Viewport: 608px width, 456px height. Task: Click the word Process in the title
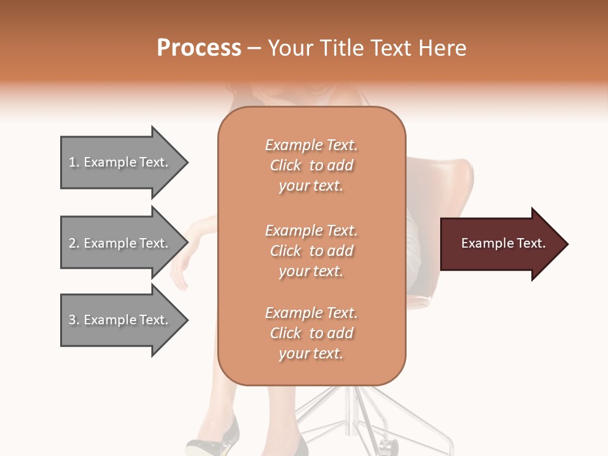click(199, 48)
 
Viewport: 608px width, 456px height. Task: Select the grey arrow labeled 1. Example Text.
click(120, 162)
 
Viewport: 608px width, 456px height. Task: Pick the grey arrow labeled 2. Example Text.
click(120, 243)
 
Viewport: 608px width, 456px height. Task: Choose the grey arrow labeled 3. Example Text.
click(120, 320)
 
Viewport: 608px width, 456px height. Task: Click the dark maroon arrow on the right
click(500, 244)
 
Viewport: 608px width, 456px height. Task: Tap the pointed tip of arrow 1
click(186, 162)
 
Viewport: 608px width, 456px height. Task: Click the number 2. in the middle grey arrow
click(74, 243)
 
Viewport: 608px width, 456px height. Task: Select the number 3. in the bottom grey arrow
click(74, 320)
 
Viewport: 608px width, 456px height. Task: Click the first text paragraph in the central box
click(312, 165)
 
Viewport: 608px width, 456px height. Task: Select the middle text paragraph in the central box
click(312, 251)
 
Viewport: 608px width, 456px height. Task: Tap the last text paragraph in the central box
click(312, 333)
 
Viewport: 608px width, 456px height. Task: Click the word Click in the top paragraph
click(286, 165)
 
